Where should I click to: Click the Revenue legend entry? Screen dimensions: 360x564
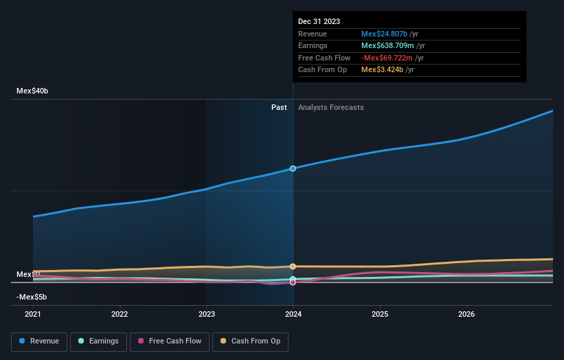pyautogui.click(x=39, y=341)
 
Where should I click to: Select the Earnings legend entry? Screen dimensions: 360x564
pyautogui.click(x=98, y=341)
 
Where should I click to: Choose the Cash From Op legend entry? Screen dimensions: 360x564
pyautogui.click(x=251, y=341)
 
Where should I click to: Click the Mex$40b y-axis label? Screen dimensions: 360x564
pyautogui.click(x=33, y=91)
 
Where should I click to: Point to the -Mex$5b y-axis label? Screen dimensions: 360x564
pyautogui.click(x=33, y=297)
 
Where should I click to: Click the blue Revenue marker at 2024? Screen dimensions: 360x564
pyautogui.click(x=293, y=168)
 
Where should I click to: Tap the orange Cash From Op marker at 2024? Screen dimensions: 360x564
pyautogui.click(x=293, y=266)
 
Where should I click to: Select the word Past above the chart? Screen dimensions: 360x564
pyautogui.click(x=279, y=107)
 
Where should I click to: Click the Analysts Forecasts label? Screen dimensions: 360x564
pyautogui.click(x=330, y=107)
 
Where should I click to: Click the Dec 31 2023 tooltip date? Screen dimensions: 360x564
pyautogui.click(x=319, y=22)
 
